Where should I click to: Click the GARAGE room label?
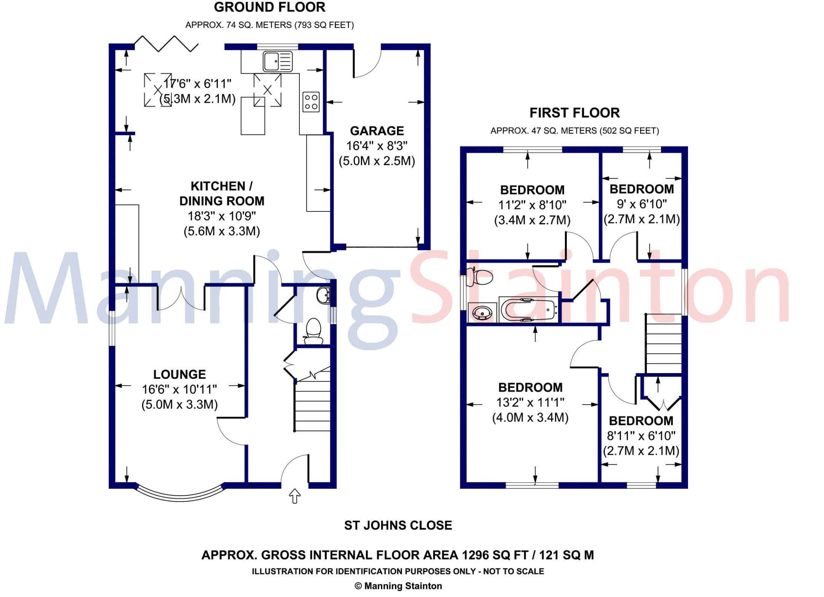tap(377, 131)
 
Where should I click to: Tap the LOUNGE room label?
tap(179, 374)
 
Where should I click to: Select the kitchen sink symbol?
tap(278, 62)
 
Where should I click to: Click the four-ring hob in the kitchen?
tap(311, 102)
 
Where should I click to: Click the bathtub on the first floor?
tap(528, 310)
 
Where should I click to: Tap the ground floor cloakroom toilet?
tap(313, 331)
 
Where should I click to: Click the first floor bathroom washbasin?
tap(482, 312)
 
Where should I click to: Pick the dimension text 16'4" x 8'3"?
tap(377, 146)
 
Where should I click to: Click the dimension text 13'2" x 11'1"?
tap(530, 402)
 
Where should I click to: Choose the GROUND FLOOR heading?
tap(269, 7)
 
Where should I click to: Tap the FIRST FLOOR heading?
tap(574, 113)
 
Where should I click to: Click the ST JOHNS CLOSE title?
tap(398, 525)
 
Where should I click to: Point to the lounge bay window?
tap(180, 494)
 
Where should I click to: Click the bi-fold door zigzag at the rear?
tap(166, 43)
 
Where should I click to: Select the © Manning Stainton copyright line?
tap(398, 586)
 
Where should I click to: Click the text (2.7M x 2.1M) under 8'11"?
tap(641, 451)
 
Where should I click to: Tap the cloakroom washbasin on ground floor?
tap(323, 295)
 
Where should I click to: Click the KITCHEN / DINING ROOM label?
tap(222, 193)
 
